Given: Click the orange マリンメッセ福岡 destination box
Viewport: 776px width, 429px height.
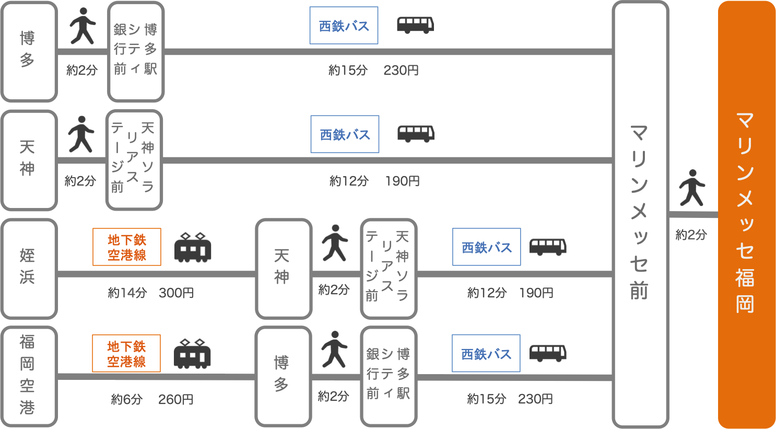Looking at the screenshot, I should tap(746, 214).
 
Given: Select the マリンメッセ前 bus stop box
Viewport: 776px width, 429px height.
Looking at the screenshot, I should tap(640, 214).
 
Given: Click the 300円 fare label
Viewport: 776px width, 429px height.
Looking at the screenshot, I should tap(177, 293).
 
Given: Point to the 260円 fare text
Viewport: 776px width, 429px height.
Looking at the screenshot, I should tap(176, 400).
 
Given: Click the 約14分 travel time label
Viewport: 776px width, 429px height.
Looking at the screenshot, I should tap(127, 293).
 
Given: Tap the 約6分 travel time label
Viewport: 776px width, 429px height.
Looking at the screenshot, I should tap(126, 400).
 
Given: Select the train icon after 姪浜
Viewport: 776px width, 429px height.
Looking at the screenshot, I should tap(192, 247).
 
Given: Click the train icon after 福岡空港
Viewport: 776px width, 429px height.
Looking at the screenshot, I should tap(192, 354).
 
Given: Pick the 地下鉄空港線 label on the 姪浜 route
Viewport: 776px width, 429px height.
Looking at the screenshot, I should tap(127, 247).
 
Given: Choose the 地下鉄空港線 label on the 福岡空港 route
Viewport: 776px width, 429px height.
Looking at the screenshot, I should tap(126, 354).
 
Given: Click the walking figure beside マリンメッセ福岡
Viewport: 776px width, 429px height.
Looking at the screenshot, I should tap(692, 188).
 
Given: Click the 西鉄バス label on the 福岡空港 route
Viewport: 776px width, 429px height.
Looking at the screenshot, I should tap(486, 354).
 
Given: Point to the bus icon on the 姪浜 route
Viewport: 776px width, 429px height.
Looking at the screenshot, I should tap(548, 247).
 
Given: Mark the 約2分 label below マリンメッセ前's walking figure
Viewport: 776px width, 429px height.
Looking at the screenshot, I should tap(691, 235).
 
